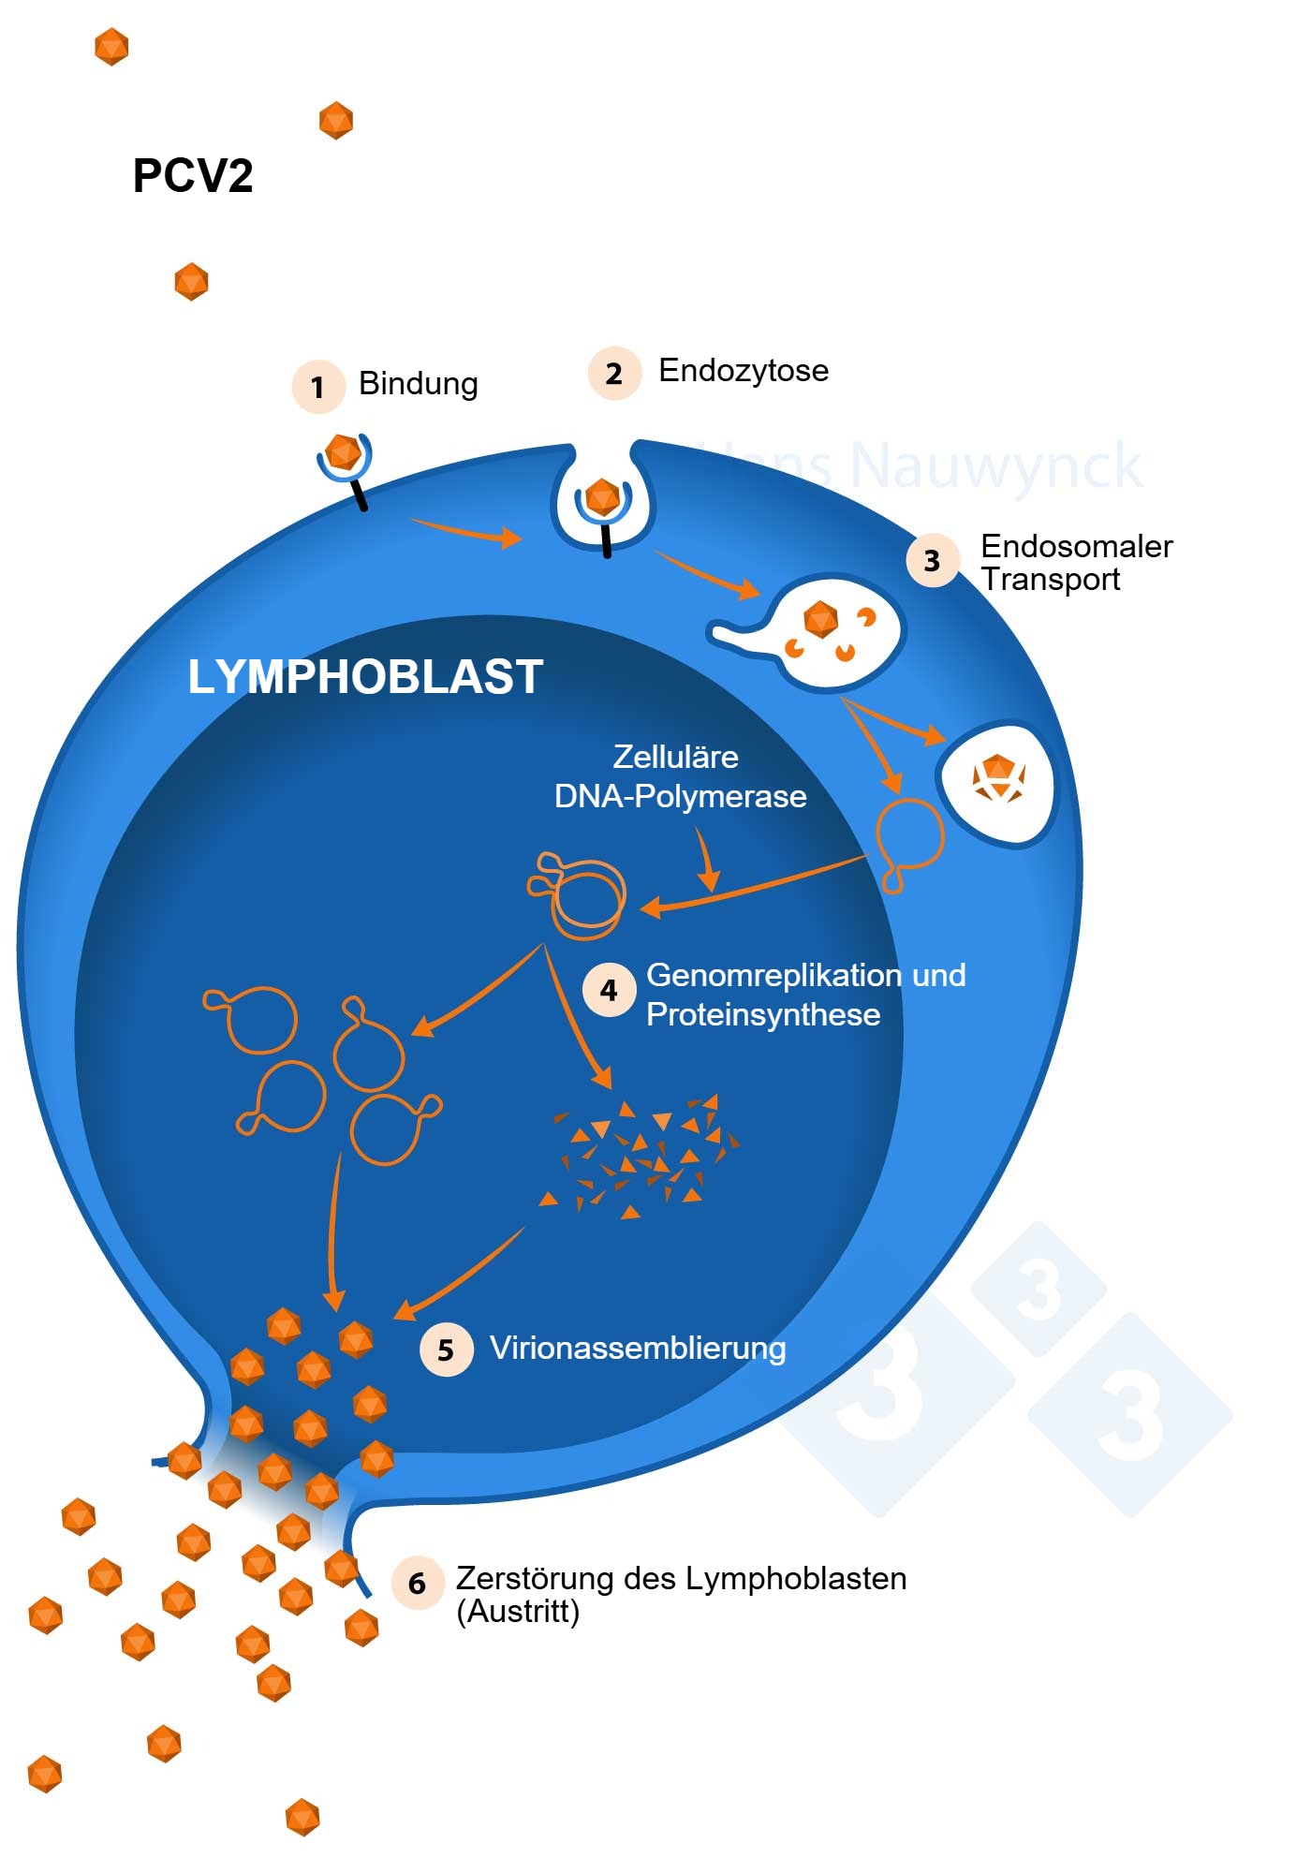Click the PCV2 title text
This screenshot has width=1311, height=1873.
coord(193,176)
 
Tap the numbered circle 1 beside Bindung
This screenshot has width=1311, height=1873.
coord(317,387)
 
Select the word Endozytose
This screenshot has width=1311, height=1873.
coord(744,371)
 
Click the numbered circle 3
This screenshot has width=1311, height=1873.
coord(932,560)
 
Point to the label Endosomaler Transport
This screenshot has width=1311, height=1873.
coord(1075,562)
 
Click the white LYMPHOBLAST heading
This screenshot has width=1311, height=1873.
coord(365,677)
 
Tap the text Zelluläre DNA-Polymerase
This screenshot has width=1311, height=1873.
coord(680,776)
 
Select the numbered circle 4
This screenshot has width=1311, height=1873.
coord(609,990)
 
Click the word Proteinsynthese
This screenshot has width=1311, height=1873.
coord(763,1014)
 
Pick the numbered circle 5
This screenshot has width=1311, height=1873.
coord(446,1349)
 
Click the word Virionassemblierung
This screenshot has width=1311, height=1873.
coord(638,1349)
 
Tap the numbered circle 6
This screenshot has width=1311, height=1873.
coord(417,1584)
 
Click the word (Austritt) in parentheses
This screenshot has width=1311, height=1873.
coord(518,1612)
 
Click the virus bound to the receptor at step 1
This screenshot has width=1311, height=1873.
coord(344,452)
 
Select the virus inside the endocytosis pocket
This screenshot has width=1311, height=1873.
coord(603,497)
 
